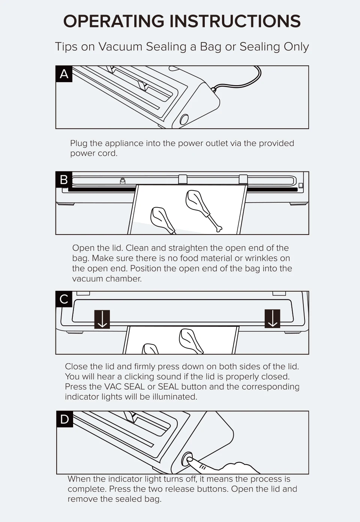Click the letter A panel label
64,74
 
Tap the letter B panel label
64,180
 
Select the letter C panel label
64,299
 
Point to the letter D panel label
65,419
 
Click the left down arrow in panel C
102,319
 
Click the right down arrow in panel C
273,319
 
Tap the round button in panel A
184,120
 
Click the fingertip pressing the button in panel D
189,459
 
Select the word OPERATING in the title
114,21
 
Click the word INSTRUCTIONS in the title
235,21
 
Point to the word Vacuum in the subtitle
120,47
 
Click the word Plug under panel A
79,143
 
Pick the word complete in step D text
87,489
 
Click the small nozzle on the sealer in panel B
123,181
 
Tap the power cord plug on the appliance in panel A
213,89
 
